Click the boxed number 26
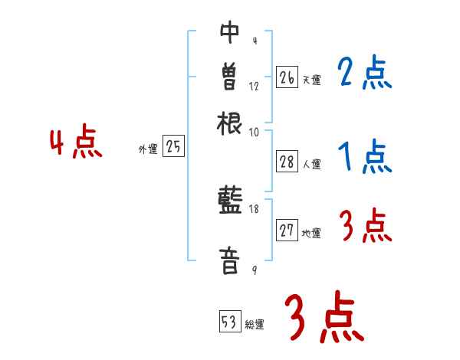287,77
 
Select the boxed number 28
287,161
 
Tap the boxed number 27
287,231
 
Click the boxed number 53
229,322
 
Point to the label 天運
311,80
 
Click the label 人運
311,163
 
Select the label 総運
255,324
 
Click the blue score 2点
364,74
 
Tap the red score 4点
75,143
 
